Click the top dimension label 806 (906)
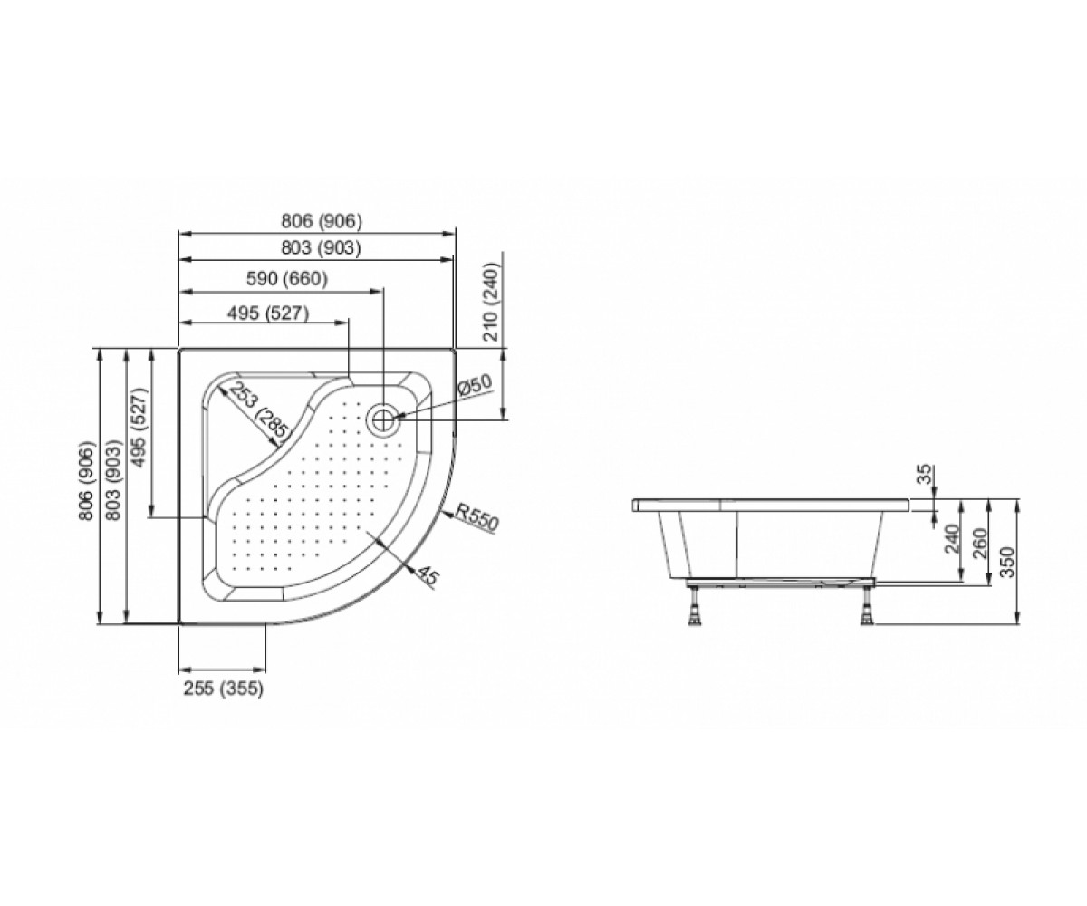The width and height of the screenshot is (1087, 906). (322, 222)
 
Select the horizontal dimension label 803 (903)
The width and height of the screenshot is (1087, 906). (321, 248)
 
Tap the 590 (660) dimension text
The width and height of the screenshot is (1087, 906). (287, 279)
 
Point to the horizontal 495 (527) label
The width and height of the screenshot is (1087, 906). (268, 313)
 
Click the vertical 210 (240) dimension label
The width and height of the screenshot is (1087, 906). (491, 302)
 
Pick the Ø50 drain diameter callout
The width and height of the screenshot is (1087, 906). (474, 386)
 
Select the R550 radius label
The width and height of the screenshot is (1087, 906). (476, 516)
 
